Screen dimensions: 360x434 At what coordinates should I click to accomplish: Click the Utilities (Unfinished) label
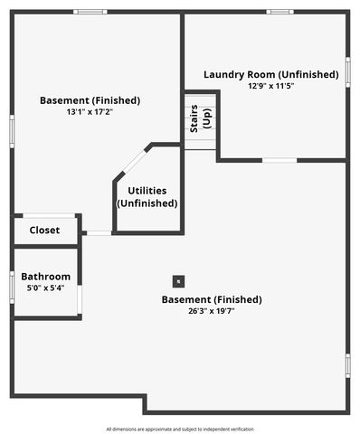coord(147,196)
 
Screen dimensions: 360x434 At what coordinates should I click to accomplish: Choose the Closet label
coord(44,231)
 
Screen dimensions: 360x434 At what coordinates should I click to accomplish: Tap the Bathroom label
coord(45,277)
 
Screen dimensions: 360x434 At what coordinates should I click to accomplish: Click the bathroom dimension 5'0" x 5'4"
coord(45,288)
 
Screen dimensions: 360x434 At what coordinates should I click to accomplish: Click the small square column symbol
coord(178,280)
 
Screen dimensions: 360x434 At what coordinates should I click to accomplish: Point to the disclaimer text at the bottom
coord(180,429)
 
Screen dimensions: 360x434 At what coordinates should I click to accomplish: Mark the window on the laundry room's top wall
coord(279,12)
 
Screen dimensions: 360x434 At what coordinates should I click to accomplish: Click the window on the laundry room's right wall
coord(347,72)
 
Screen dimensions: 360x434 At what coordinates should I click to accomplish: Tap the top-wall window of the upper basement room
coord(90,12)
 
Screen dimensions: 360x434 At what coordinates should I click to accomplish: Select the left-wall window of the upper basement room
coord(12,129)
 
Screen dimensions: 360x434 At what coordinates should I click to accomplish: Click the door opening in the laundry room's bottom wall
coord(279,160)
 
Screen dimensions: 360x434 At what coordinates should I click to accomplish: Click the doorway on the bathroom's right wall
coord(81,295)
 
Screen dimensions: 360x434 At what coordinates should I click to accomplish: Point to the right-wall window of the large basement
coord(347,364)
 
